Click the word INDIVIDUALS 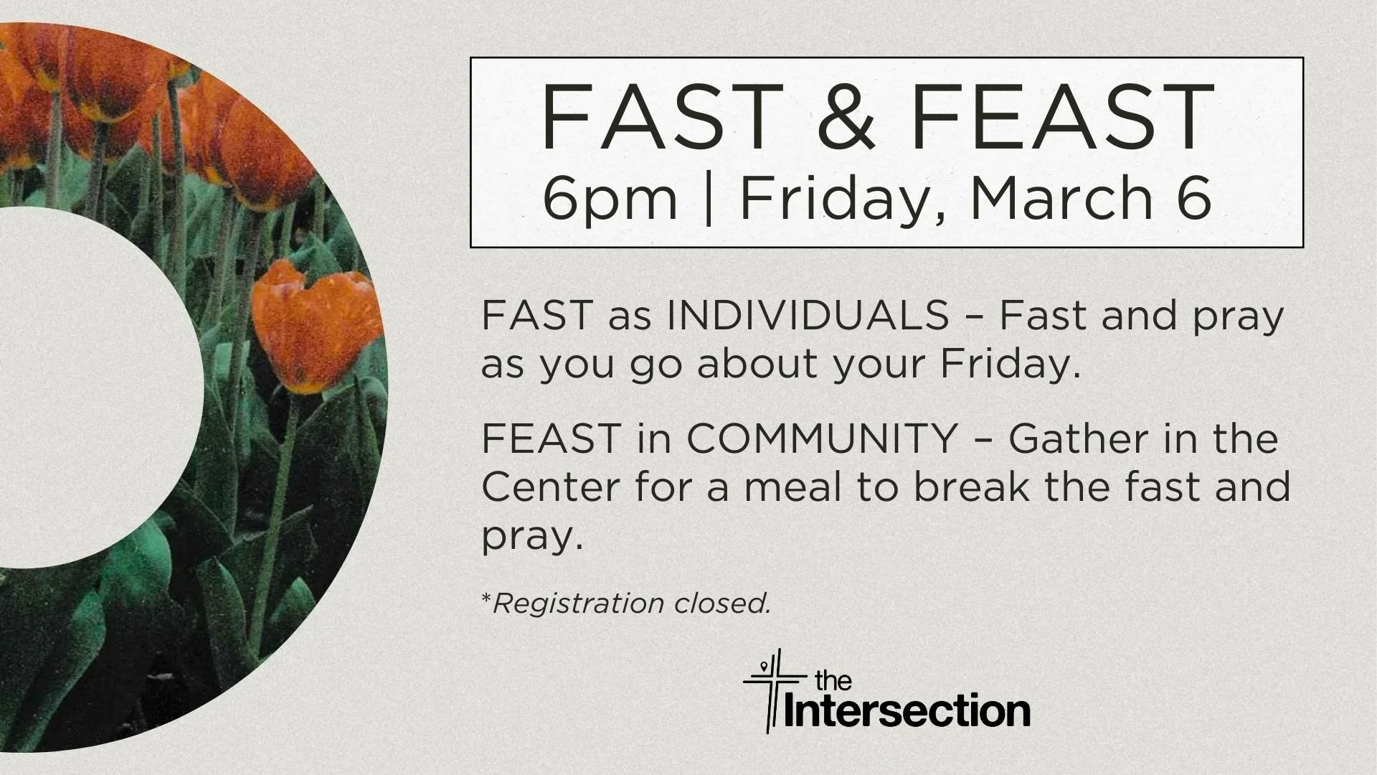point(808,316)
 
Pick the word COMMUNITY point(823,438)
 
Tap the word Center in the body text point(550,487)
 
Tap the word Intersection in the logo point(908,710)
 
